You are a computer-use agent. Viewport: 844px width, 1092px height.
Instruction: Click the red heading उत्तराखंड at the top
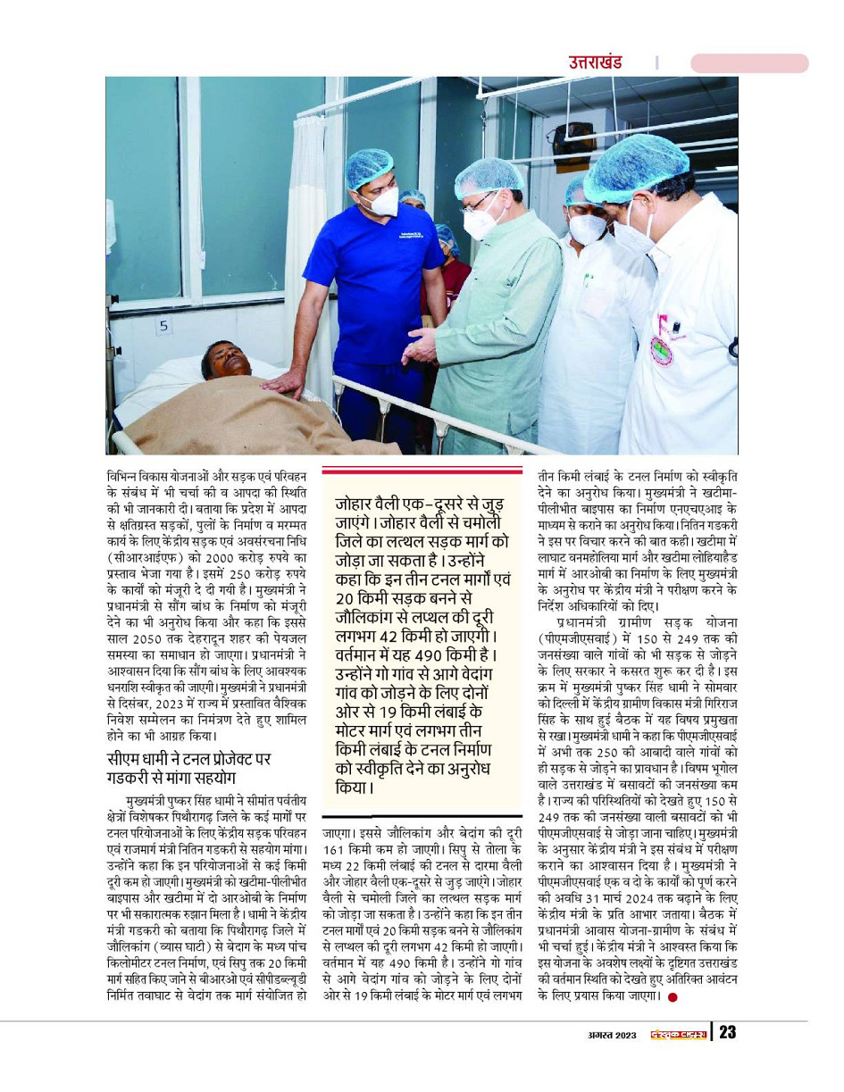pyautogui.click(x=595, y=63)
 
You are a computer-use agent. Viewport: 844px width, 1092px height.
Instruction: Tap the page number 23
pyautogui.click(x=727, y=1032)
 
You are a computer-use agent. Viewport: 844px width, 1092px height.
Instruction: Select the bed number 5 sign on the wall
pyautogui.click(x=163, y=327)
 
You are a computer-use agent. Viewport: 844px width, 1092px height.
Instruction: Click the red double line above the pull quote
pyautogui.click(x=422, y=471)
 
